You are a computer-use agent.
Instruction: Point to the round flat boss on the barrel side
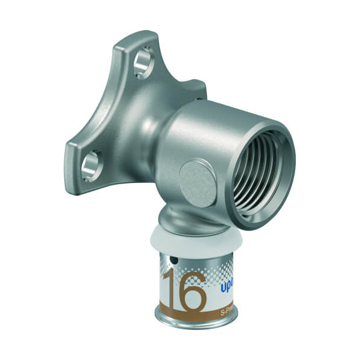197,182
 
